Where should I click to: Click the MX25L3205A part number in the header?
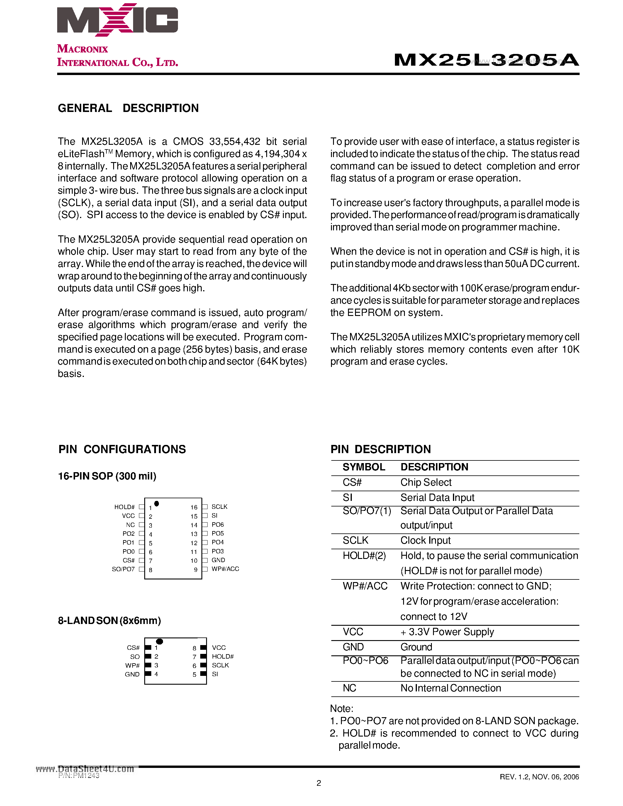pos(486,60)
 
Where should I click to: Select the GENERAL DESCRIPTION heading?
pos(128,108)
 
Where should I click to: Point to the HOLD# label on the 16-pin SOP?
pos(124,507)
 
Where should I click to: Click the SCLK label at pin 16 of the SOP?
pos(219,507)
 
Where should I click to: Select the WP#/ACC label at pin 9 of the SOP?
pos(225,569)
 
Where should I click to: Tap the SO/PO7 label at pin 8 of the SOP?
pos(123,569)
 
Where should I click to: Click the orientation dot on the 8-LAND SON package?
pos(159,641)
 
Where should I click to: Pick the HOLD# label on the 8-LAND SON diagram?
pos(223,657)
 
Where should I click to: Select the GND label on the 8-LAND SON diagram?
pos(132,674)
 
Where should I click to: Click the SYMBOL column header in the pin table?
pos(364,467)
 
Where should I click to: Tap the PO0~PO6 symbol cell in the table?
pos(365,661)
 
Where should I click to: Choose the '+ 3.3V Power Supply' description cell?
pos(447,632)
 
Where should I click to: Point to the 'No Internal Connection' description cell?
pos(451,688)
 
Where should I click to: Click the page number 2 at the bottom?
pos(319,783)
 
